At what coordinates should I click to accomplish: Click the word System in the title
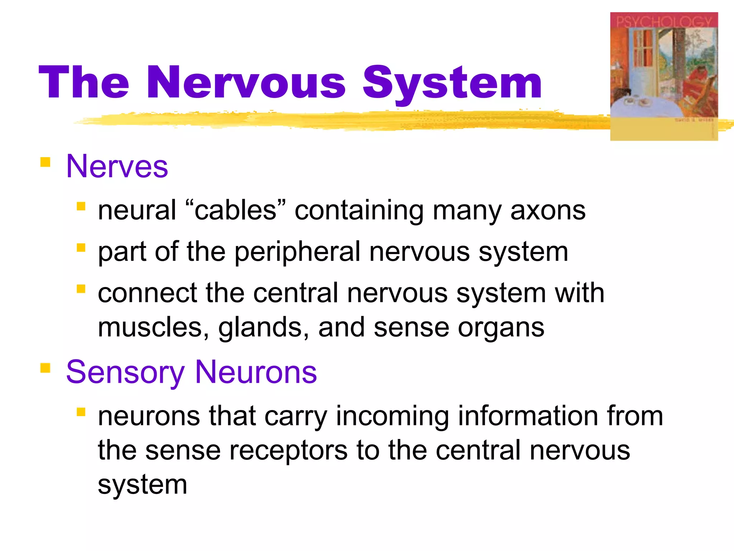(452, 83)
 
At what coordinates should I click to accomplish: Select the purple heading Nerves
(117, 166)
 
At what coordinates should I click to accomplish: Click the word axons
(548, 211)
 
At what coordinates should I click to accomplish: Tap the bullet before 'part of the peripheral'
(81, 248)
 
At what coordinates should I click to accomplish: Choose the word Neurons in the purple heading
(256, 372)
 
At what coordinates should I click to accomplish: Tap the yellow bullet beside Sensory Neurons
(45, 368)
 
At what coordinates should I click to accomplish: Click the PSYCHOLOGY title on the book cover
(664, 22)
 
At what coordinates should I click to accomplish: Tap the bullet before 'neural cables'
(81, 206)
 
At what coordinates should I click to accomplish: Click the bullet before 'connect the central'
(81, 289)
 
